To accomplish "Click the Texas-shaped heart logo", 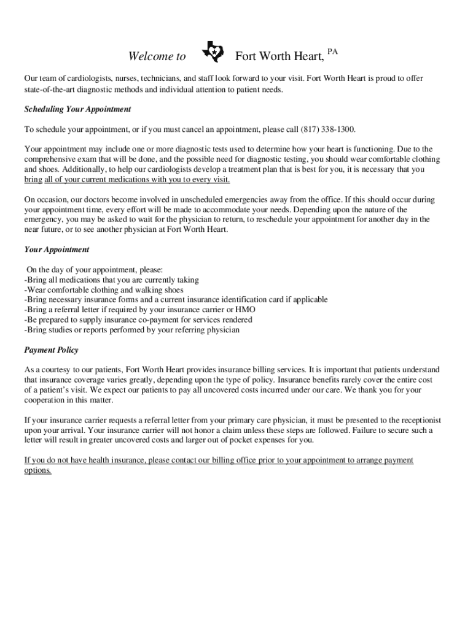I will [213, 53].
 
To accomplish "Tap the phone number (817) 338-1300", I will [328, 130].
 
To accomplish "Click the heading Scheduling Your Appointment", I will [77, 109].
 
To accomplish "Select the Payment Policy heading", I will [51, 350].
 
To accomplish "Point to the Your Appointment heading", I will [57, 250].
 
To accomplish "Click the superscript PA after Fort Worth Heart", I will [332, 51].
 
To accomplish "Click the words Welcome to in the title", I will [157, 57].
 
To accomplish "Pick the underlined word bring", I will [33, 180].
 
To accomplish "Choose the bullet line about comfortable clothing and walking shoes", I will [103, 290].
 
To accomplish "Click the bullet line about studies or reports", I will [131, 330].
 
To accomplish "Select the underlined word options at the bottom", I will [37, 470].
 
